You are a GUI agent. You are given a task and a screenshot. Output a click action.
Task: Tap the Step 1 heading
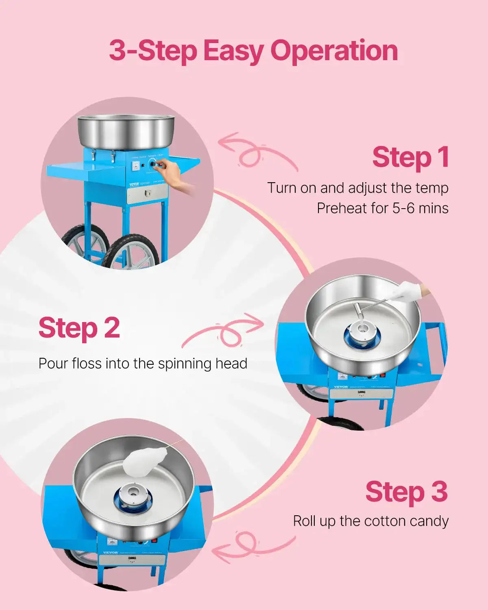(x=410, y=157)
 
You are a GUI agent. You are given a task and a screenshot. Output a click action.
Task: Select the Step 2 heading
(x=79, y=328)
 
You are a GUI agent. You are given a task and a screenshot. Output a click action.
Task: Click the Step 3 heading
(x=406, y=492)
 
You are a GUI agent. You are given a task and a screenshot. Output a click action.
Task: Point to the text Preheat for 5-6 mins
(x=382, y=208)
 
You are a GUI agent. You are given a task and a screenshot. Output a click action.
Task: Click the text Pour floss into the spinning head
(x=143, y=363)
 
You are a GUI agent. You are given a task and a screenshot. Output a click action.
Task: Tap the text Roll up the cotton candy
(x=370, y=521)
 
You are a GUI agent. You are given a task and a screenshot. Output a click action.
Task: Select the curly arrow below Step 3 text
(x=252, y=545)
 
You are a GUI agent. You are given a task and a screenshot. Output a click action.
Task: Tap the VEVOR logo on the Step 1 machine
(x=134, y=184)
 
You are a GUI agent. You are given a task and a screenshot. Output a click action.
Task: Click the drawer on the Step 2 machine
(x=361, y=393)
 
